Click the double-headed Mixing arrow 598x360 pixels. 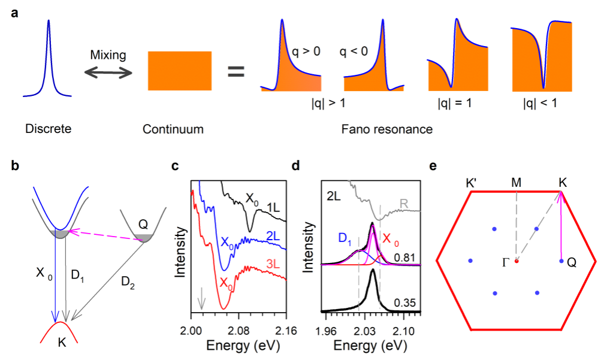coord(108,72)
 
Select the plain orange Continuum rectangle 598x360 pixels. coord(179,71)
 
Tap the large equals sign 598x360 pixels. coord(235,72)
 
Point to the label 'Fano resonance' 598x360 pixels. coord(386,129)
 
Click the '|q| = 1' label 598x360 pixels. coord(454,102)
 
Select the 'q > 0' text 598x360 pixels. coord(306,52)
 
